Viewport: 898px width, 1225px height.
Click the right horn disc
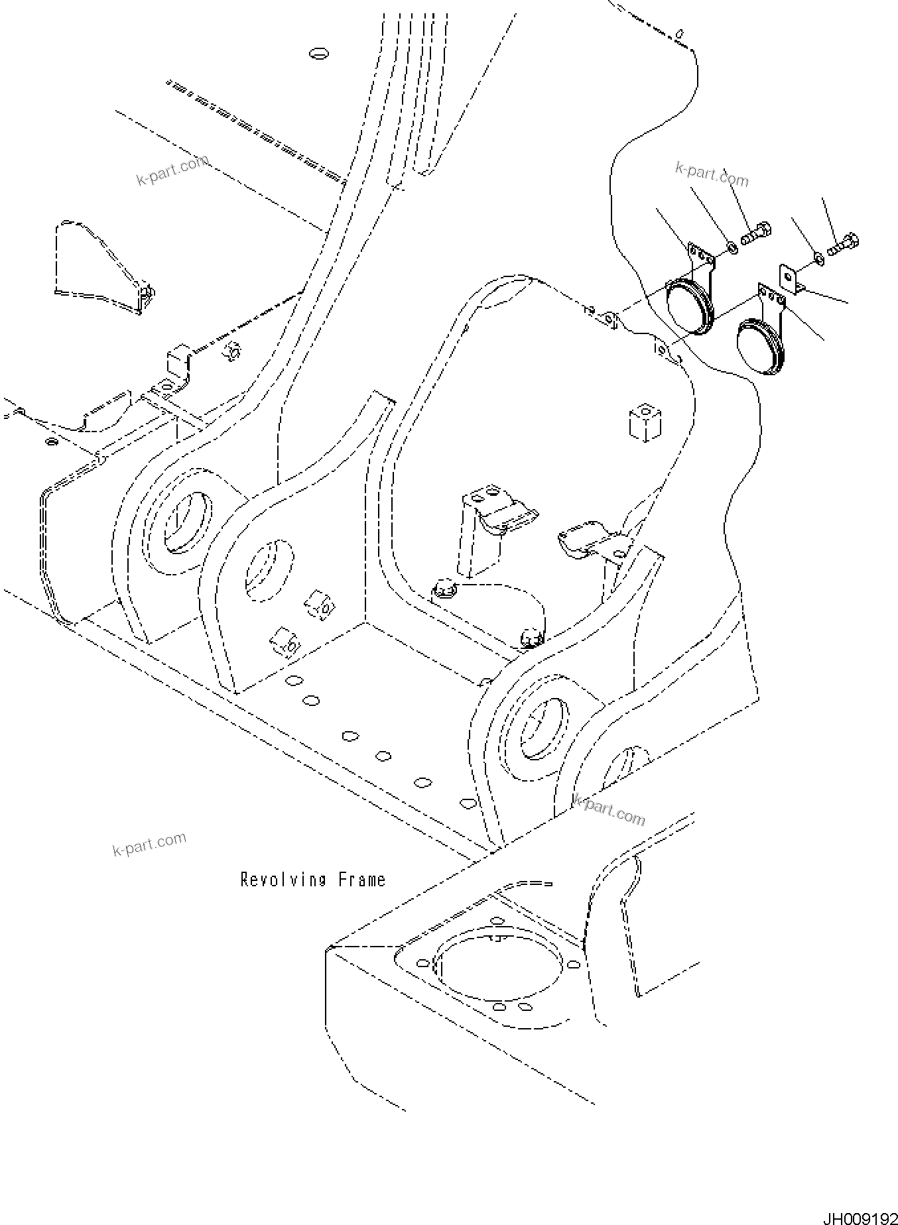759,347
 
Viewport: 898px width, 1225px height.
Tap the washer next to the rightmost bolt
819,257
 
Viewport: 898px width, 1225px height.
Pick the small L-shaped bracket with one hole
789,278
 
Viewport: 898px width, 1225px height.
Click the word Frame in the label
361,880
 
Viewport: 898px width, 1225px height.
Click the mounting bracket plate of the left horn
702,257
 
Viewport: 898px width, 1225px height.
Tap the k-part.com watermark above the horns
711,174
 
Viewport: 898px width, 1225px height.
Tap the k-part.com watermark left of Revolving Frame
149,845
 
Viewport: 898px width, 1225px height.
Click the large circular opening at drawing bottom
499,970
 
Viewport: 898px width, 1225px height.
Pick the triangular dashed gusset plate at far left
99,262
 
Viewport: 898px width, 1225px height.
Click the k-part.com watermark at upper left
172,170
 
